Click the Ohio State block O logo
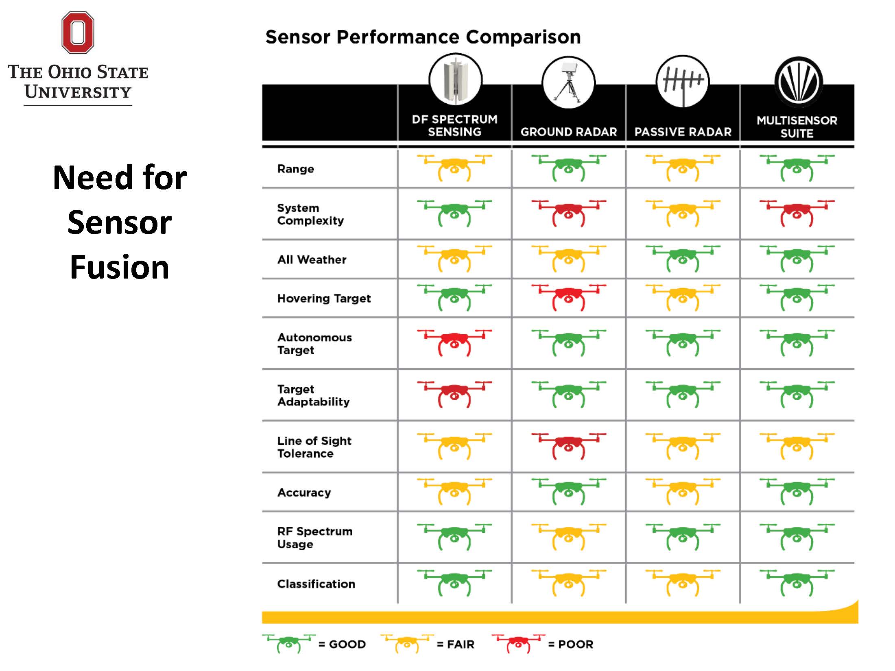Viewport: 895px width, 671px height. click(x=78, y=33)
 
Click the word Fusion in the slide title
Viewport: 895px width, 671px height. click(x=119, y=267)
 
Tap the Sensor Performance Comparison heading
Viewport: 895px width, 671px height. click(x=423, y=37)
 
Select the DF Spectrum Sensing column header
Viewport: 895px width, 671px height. click(x=454, y=125)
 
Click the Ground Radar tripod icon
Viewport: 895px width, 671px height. click(x=568, y=83)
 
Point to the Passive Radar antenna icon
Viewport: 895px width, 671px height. click(x=683, y=82)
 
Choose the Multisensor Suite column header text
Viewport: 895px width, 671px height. click(x=797, y=126)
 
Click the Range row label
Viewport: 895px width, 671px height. click(x=296, y=169)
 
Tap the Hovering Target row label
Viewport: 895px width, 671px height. click(x=324, y=298)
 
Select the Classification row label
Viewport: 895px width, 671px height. click(x=316, y=584)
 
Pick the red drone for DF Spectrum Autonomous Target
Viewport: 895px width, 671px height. click(x=454, y=342)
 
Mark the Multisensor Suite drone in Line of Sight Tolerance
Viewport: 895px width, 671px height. click(x=797, y=446)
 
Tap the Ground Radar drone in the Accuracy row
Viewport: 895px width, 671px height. click(x=568, y=491)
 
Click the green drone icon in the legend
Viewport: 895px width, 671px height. click(x=289, y=643)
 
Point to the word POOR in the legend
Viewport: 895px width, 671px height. click(x=575, y=644)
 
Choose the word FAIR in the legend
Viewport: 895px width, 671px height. click(x=461, y=644)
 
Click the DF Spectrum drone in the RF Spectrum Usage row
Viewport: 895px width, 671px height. click(x=454, y=536)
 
